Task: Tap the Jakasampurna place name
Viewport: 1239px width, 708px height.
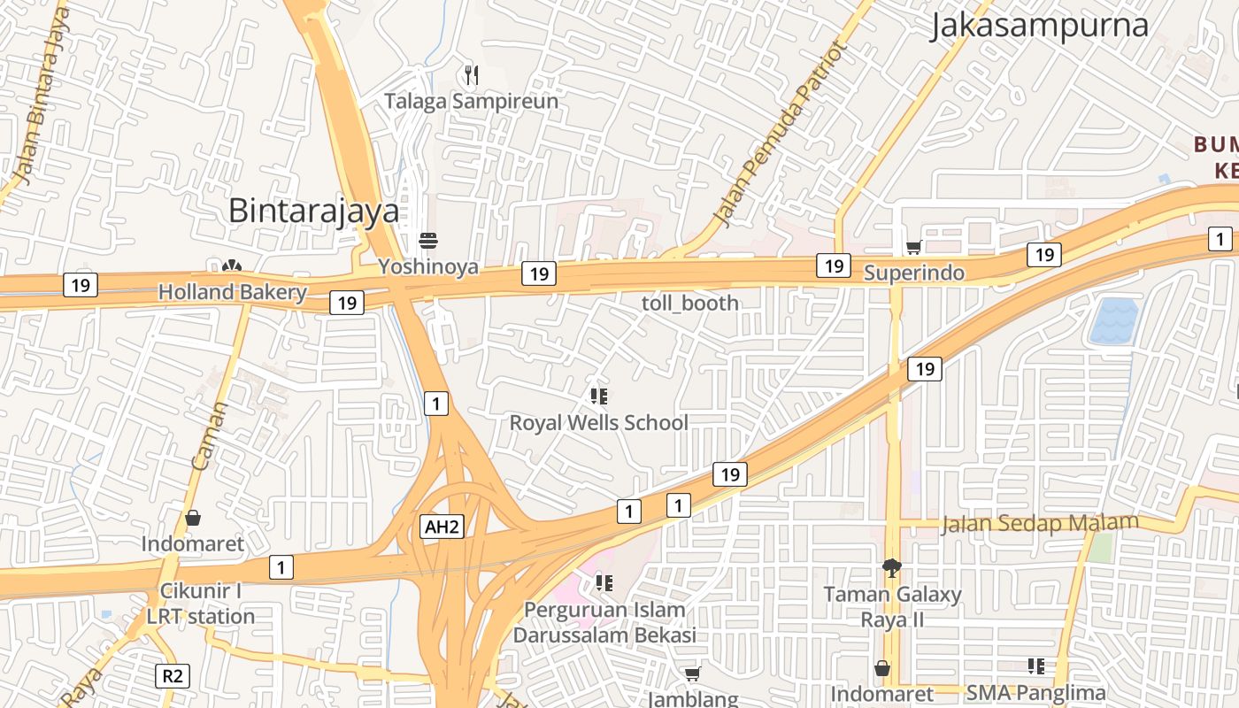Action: pyautogui.click(x=1039, y=26)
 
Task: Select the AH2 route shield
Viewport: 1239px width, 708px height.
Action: pyautogui.click(x=442, y=527)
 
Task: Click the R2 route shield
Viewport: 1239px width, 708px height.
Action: pyautogui.click(x=173, y=676)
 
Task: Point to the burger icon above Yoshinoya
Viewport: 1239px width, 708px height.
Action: pyautogui.click(x=428, y=241)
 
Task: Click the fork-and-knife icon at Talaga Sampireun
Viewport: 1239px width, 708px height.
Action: pyautogui.click(x=472, y=75)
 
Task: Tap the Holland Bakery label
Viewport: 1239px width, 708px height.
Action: pyautogui.click(x=232, y=292)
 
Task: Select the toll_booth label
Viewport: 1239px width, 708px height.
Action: pyautogui.click(x=690, y=303)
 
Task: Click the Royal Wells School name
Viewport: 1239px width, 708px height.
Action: pyautogui.click(x=598, y=422)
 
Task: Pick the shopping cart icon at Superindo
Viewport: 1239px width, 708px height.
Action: pyautogui.click(x=913, y=247)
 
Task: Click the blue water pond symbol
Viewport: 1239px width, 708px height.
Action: pyautogui.click(x=1113, y=321)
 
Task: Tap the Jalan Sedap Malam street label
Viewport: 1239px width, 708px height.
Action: pyautogui.click(x=1039, y=523)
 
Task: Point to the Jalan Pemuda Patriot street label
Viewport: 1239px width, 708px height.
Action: pyautogui.click(x=779, y=133)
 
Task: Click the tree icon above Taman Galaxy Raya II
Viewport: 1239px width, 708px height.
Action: pyautogui.click(x=892, y=567)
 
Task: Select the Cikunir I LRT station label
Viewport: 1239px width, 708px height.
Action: pyautogui.click(x=201, y=604)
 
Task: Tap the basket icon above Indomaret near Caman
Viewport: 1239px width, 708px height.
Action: pyautogui.click(x=193, y=518)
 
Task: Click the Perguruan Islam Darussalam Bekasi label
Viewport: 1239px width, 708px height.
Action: pyautogui.click(x=604, y=622)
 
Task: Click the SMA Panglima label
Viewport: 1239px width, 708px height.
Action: pyautogui.click(x=1035, y=693)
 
